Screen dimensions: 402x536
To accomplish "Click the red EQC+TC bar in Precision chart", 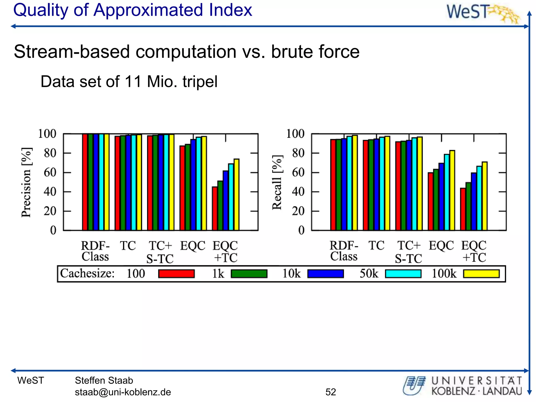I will [215, 209].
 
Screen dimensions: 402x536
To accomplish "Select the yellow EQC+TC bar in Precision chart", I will [236, 195].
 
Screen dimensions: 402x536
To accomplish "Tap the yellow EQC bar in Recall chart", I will [452, 191].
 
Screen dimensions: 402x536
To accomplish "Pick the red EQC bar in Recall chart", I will [430, 202].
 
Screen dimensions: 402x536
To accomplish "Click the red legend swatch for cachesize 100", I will [176, 274].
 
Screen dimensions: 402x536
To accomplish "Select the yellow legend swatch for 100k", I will [481, 274].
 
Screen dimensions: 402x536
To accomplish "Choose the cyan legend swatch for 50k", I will [403, 274].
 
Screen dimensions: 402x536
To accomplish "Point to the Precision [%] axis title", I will [26, 182].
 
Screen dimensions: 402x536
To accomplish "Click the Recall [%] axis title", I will [277, 182].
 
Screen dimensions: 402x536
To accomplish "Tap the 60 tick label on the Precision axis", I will [50, 172].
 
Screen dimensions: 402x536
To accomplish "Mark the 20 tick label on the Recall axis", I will [298, 211].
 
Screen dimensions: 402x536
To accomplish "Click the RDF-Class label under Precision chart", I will [95, 251].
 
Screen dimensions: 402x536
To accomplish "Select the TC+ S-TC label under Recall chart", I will [408, 252].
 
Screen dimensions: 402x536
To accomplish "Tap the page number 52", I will [331, 392].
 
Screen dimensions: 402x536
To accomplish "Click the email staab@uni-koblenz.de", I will [123, 392].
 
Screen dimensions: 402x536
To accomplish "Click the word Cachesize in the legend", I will [87, 273].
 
